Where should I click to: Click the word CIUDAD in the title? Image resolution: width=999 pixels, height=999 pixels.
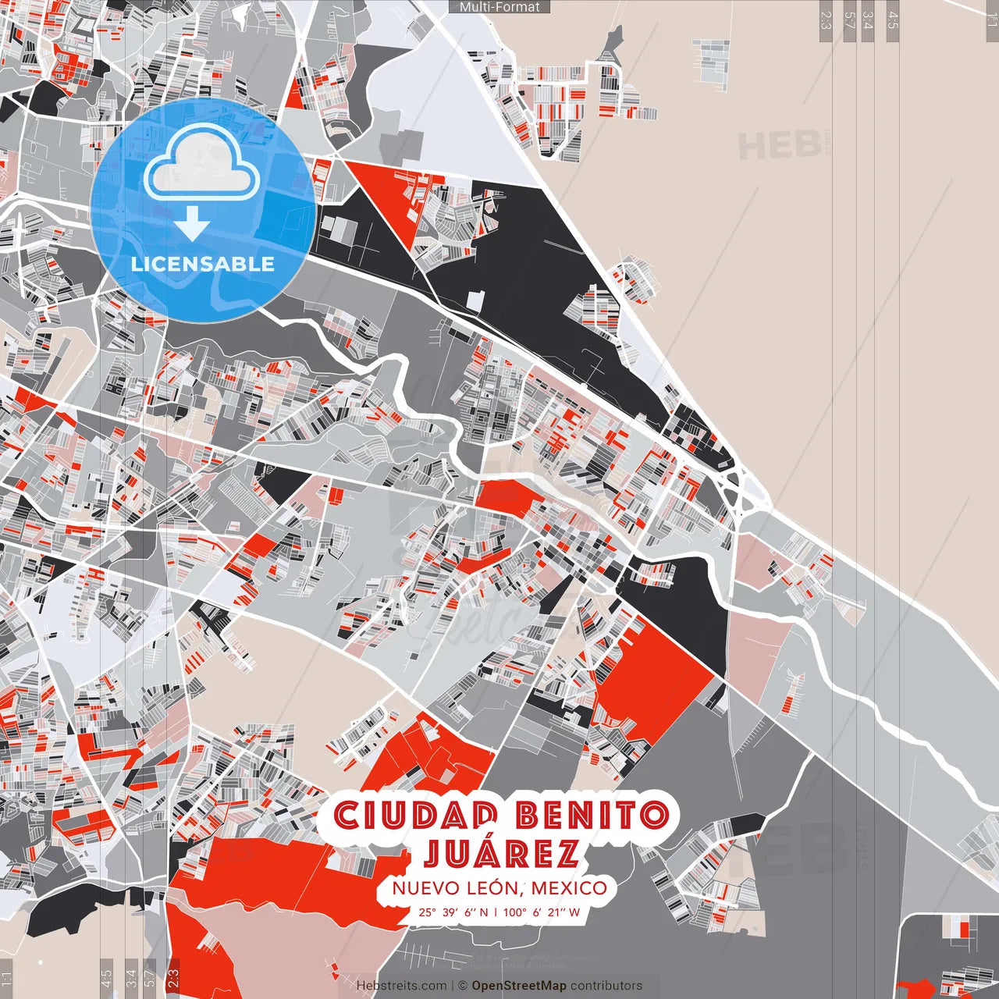click(x=416, y=816)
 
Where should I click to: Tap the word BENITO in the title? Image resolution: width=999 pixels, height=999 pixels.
click(x=592, y=816)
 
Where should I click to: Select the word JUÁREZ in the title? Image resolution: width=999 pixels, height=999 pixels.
click(x=501, y=853)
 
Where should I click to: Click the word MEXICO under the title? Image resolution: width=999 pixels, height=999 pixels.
click(x=569, y=888)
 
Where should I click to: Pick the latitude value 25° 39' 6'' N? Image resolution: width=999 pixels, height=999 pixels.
click(x=453, y=912)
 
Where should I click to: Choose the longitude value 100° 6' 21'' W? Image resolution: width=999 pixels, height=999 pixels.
click(x=541, y=912)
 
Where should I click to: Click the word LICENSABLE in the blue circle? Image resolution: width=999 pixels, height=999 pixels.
click(x=203, y=264)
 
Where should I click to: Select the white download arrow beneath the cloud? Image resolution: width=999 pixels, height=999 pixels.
click(x=192, y=226)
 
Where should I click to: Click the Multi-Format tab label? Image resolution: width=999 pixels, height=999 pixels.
click(x=499, y=7)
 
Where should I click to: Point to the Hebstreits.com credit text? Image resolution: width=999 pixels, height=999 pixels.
click(x=401, y=986)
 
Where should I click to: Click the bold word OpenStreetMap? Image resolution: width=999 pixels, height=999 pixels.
click(x=519, y=986)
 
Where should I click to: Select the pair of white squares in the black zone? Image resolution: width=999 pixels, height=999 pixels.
click(x=338, y=229)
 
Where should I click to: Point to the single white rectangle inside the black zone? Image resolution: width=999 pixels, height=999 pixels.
click(x=475, y=302)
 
